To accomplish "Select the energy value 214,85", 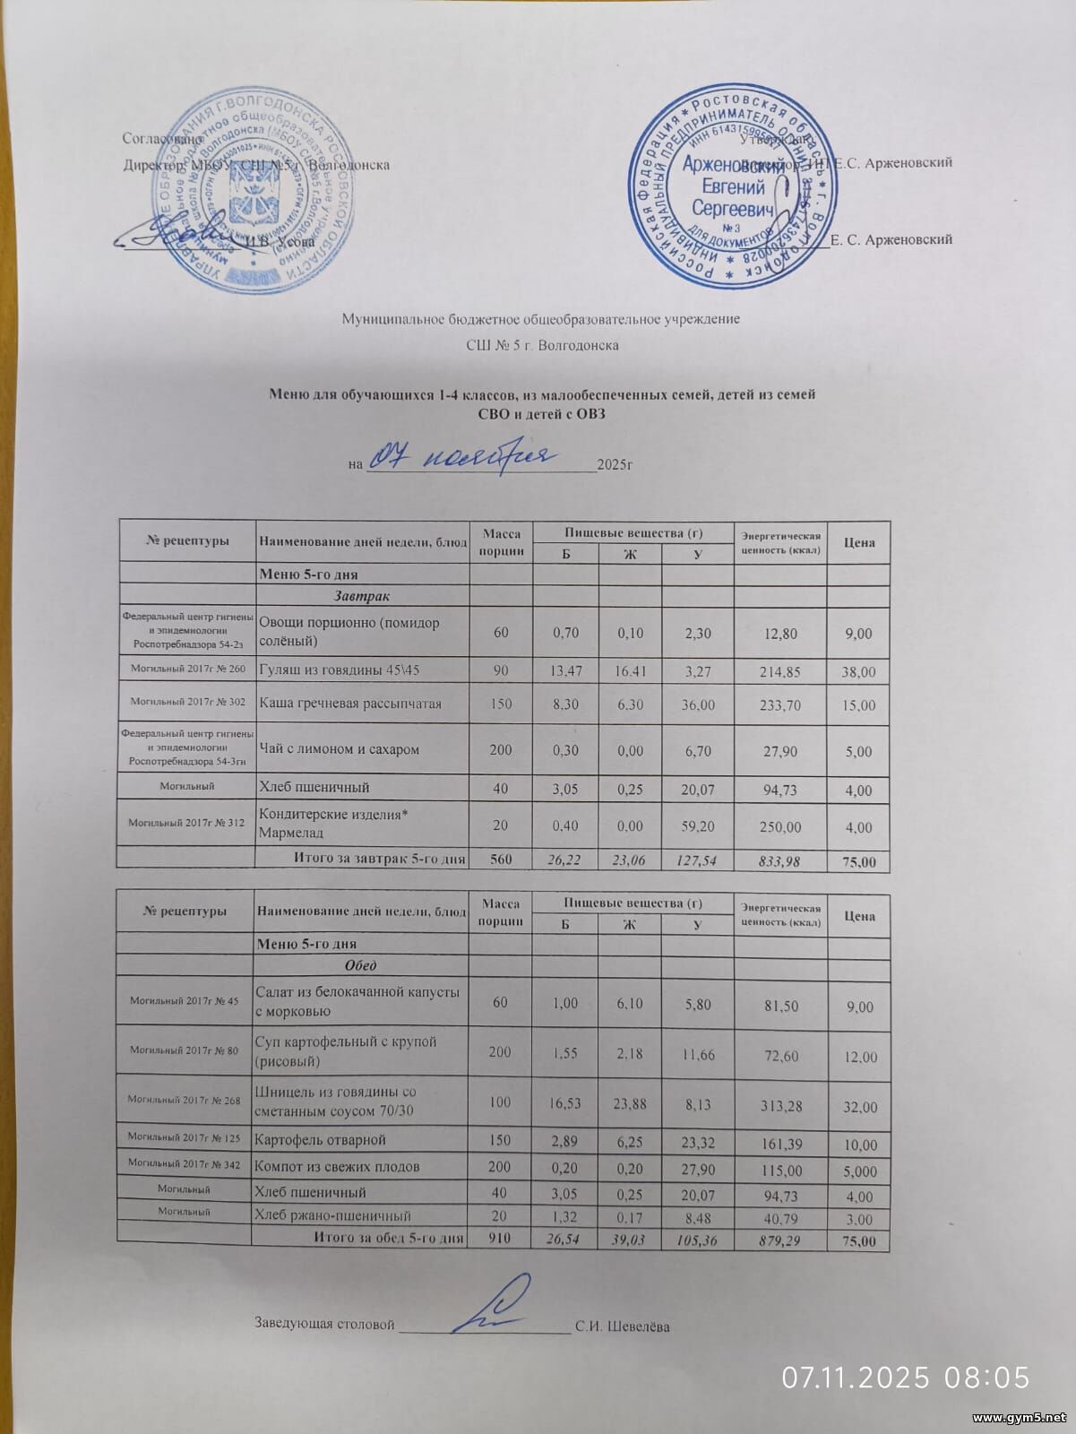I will [x=779, y=671].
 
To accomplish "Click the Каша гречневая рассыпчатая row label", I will [x=349, y=704].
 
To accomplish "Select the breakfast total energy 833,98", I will [x=779, y=861].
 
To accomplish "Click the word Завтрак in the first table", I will [x=362, y=595].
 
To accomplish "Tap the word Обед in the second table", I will [x=361, y=965].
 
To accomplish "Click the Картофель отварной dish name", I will [x=321, y=1140].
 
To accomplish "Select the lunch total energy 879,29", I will [x=779, y=1241].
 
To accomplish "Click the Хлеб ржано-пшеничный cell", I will [x=333, y=1216].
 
